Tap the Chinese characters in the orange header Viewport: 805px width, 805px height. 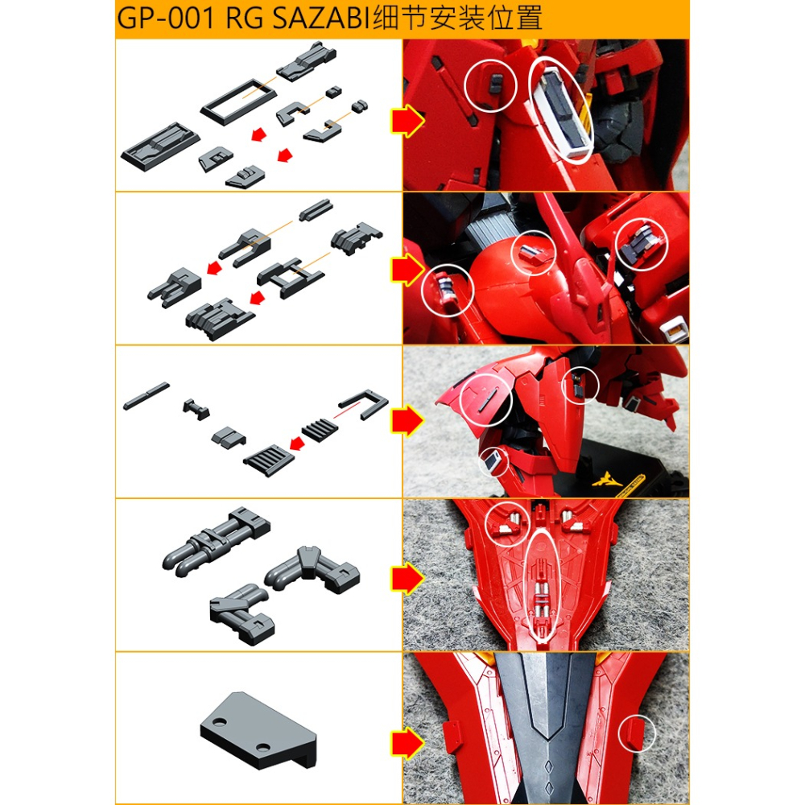coord(456,19)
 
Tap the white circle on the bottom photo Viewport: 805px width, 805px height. coord(638,733)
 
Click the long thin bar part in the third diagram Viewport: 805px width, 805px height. coord(147,396)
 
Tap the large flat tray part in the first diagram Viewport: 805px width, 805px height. coord(157,145)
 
